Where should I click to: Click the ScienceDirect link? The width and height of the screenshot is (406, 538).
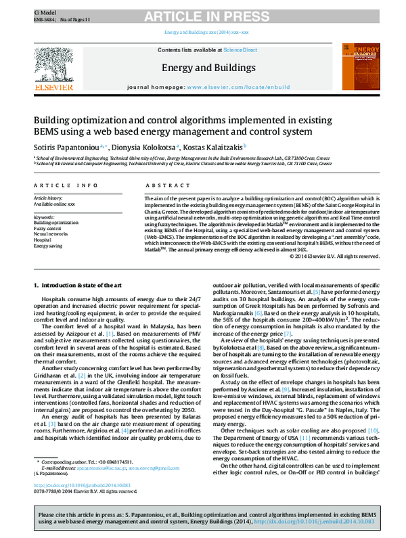[240, 50]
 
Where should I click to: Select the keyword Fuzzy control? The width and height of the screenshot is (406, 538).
[49, 228]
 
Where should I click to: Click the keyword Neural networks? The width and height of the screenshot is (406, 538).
[51, 233]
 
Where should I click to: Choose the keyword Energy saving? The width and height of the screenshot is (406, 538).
[49, 246]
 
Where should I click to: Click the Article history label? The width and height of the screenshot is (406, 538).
[50, 198]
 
